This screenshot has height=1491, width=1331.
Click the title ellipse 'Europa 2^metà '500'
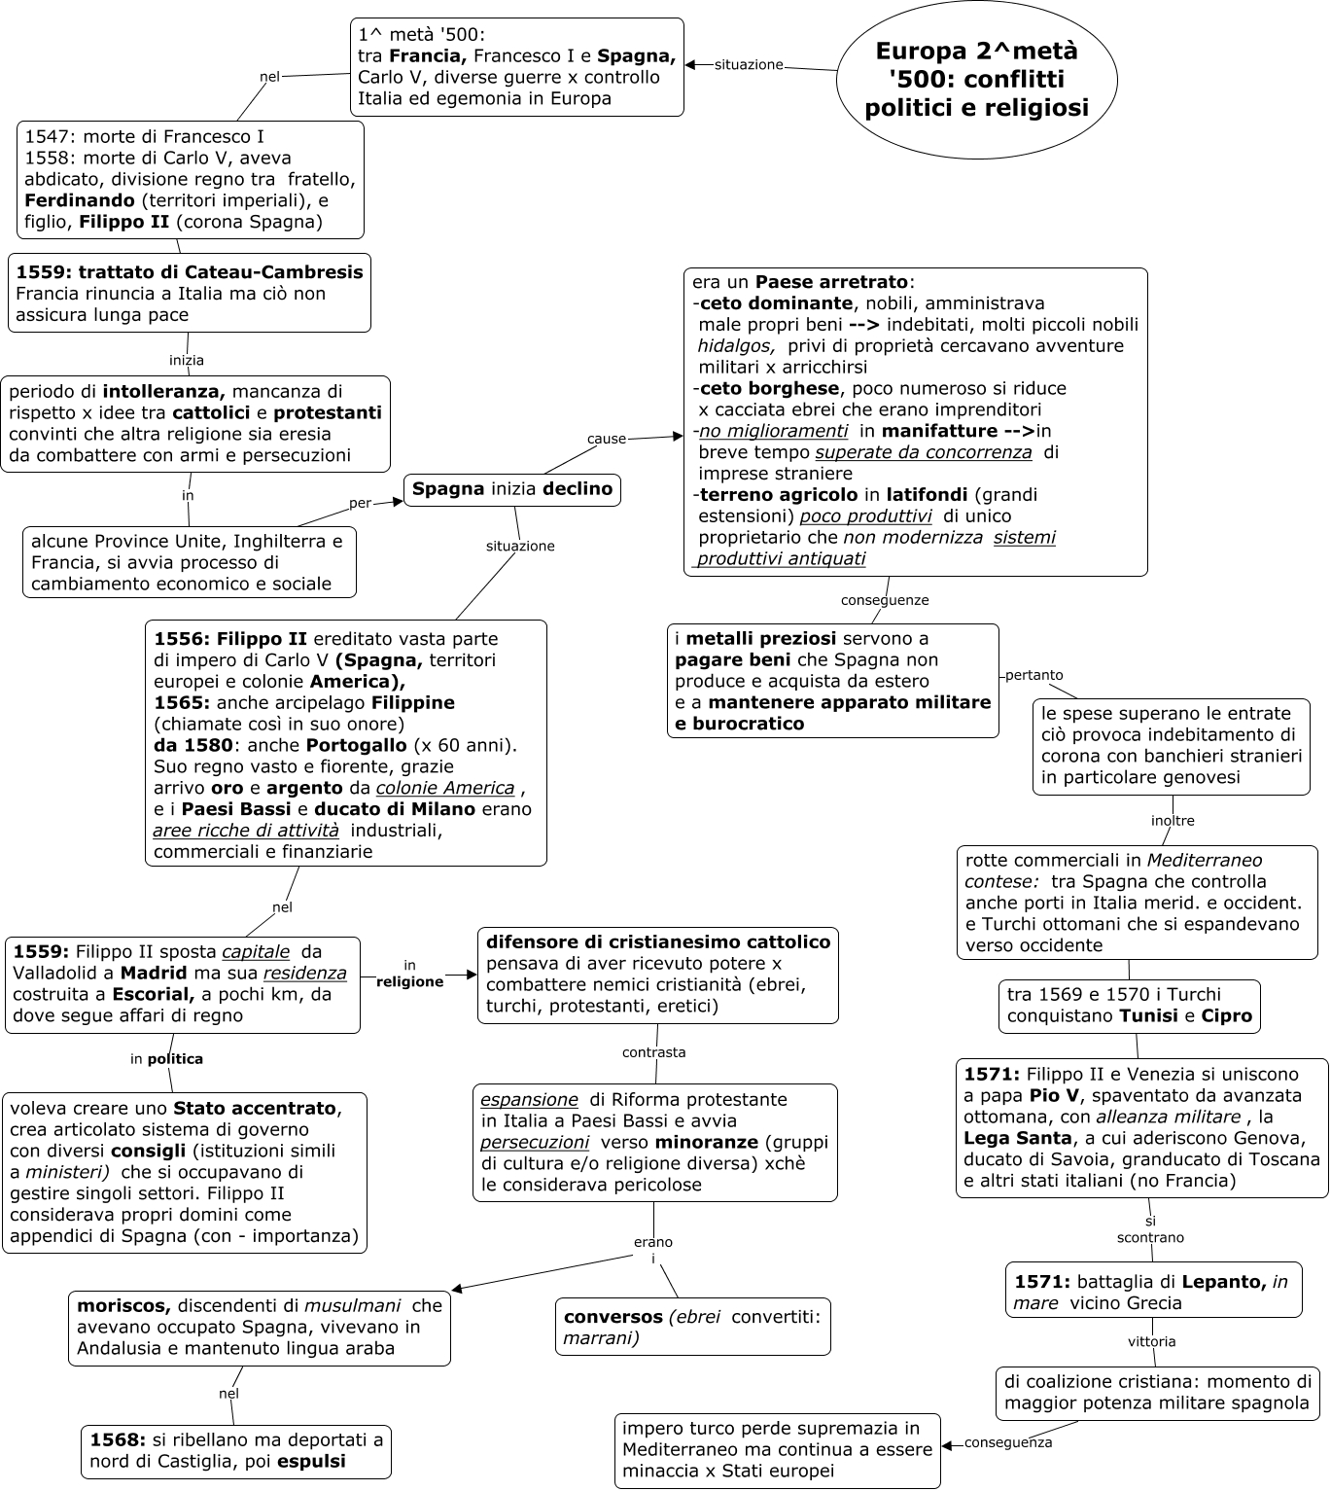(976, 80)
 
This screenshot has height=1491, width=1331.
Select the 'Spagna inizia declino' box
(511, 489)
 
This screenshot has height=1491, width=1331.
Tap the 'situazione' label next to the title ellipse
(749, 65)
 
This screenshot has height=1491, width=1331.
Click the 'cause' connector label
(607, 439)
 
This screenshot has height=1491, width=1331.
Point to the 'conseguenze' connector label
(885, 600)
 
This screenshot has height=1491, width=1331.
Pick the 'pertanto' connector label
(1033, 675)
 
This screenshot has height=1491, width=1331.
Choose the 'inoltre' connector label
(1173, 820)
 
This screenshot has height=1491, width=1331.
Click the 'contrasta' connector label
(654, 1052)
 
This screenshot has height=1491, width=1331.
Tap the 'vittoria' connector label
(1152, 1341)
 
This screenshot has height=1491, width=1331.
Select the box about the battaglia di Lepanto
(1153, 1292)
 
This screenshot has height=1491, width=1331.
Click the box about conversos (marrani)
(692, 1327)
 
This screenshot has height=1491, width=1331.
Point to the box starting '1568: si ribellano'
(236, 1450)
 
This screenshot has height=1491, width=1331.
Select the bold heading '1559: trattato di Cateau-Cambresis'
(190, 272)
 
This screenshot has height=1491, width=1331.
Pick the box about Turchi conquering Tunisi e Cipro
(1129, 1006)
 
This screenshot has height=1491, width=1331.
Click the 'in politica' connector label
(166, 1059)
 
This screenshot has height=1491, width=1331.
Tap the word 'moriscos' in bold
(123, 1306)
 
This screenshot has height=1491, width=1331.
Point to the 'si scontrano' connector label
(1150, 1229)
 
